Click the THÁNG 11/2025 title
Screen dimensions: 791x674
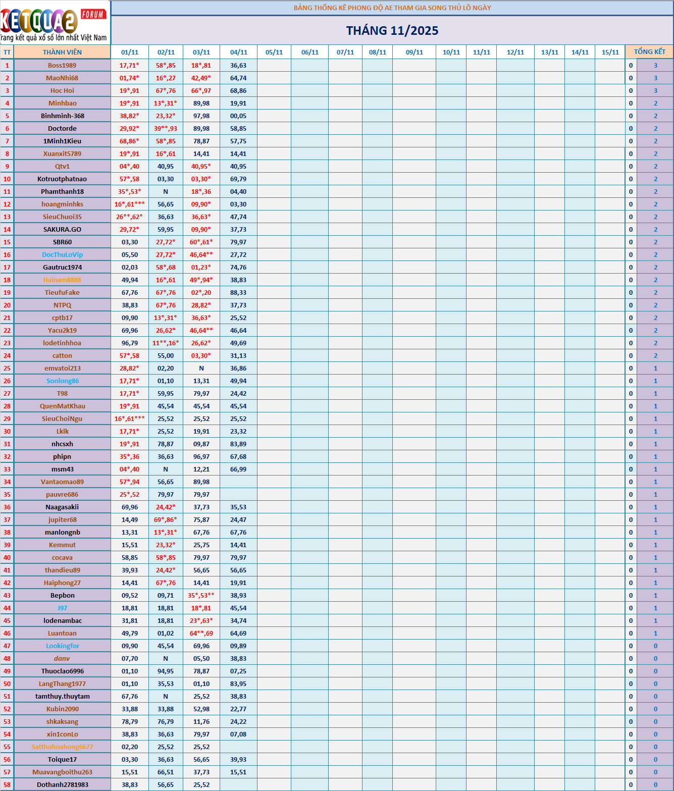pos(392,31)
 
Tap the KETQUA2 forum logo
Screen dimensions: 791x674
pos(54,23)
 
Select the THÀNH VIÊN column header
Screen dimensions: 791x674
pos(62,52)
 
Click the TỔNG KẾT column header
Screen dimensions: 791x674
pos(649,52)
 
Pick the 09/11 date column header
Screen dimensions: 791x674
pos(414,52)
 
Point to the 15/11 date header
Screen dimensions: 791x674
pos(610,52)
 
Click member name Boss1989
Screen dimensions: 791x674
pos(62,65)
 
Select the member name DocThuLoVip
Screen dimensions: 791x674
pos(62,254)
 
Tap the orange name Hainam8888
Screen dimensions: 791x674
pos(62,280)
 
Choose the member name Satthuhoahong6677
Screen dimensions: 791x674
pos(62,747)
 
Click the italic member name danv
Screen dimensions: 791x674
pos(62,658)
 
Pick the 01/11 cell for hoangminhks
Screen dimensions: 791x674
pos(130,204)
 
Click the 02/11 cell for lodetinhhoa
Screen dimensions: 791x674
pos(166,343)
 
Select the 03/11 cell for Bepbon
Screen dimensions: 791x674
pos(201,595)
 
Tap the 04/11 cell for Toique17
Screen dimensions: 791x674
pos(238,759)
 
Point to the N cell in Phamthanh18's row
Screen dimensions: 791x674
pos(166,191)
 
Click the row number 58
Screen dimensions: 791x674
pos(7,784)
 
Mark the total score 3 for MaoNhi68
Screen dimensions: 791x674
pos(655,78)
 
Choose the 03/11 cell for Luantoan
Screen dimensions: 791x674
pos(201,633)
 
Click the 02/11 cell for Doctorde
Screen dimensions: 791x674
pos(166,128)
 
